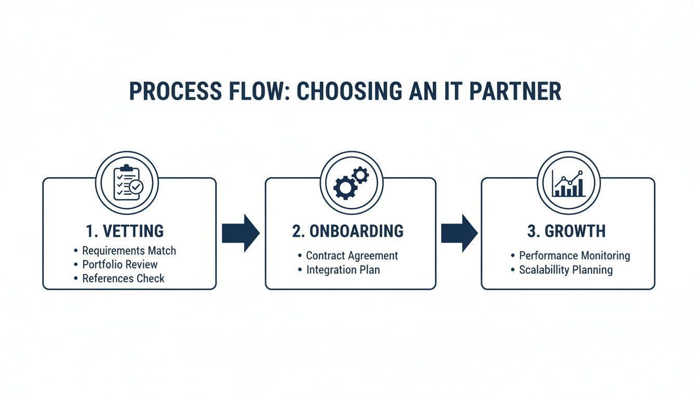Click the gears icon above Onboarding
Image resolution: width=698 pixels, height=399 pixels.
pyautogui.click(x=351, y=183)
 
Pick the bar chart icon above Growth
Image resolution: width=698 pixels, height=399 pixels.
pyautogui.click(x=568, y=183)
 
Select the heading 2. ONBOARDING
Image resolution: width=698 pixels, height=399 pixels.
pyautogui.click(x=347, y=231)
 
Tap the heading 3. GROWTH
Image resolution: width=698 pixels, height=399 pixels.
pyautogui.click(x=567, y=231)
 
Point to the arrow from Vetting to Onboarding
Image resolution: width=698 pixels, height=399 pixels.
pyautogui.click(x=240, y=233)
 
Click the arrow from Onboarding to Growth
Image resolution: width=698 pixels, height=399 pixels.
pyautogui.click(x=459, y=233)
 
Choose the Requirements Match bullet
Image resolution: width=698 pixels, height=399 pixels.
pyautogui.click(x=129, y=250)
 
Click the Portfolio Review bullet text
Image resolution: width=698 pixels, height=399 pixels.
pyautogui.click(x=119, y=264)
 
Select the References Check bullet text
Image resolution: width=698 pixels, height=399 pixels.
pyautogui.click(x=123, y=278)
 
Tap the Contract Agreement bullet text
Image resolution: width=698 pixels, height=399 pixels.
pyautogui.click(x=352, y=256)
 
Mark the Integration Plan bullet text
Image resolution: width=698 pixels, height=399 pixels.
pyautogui.click(x=343, y=270)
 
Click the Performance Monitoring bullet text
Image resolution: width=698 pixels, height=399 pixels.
pyautogui.click(x=574, y=256)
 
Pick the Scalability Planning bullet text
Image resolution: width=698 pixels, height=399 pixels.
pyautogui.click(x=566, y=270)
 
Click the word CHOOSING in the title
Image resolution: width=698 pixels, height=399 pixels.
pyautogui.click(x=349, y=91)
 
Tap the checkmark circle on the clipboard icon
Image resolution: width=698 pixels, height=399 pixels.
pyautogui.click(x=136, y=187)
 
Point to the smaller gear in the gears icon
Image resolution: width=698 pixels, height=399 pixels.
pyautogui.click(x=360, y=175)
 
